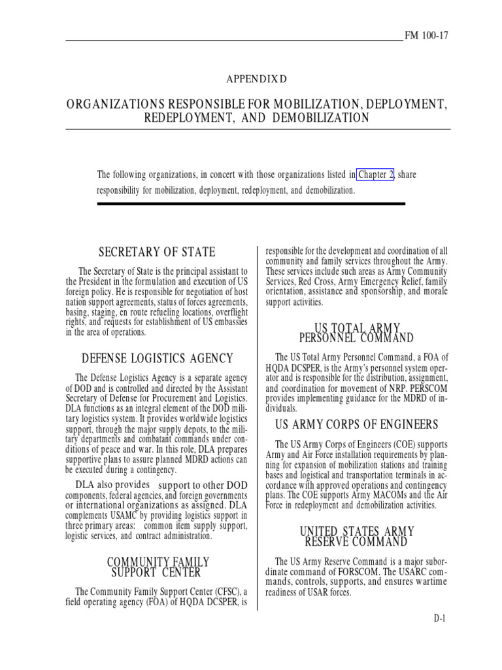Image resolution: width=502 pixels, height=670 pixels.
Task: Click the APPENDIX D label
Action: coord(257,79)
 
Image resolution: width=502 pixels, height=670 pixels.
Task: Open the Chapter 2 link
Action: coord(375,175)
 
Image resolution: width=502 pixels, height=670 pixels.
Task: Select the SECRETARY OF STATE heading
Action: coord(156,253)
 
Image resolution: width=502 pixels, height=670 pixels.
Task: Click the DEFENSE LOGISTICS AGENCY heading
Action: coord(157,358)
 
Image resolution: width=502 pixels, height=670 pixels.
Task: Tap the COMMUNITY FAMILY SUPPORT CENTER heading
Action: coord(158,567)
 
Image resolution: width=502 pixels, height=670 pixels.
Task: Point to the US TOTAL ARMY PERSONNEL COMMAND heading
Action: coord(356,332)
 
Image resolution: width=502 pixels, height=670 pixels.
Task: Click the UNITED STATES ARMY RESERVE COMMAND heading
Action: coord(356,537)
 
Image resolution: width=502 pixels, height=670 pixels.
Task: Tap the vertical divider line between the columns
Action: coord(258,425)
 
